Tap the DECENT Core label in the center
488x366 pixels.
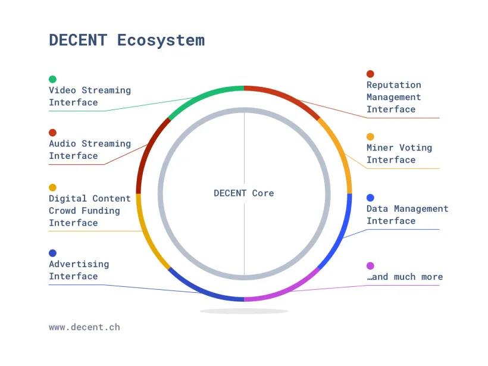click(243, 193)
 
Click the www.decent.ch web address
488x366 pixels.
click(85, 327)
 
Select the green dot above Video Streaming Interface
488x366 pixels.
click(52, 79)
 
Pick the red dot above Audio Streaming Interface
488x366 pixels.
click(52, 133)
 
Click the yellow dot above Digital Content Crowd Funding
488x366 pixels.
click(52, 187)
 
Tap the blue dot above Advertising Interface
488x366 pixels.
click(52, 253)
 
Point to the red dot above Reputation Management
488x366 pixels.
click(370, 74)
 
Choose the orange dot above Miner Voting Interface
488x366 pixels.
click(370, 137)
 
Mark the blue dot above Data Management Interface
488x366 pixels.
click(370, 198)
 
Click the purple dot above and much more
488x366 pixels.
click(370, 266)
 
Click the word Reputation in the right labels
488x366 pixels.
click(394, 85)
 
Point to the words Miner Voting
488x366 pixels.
click(399, 148)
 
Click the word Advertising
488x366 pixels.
click(79, 264)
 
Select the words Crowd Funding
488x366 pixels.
click(85, 211)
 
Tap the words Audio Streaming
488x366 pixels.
click(90, 144)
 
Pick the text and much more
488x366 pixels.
click(405, 277)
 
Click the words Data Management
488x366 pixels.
click(408, 209)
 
